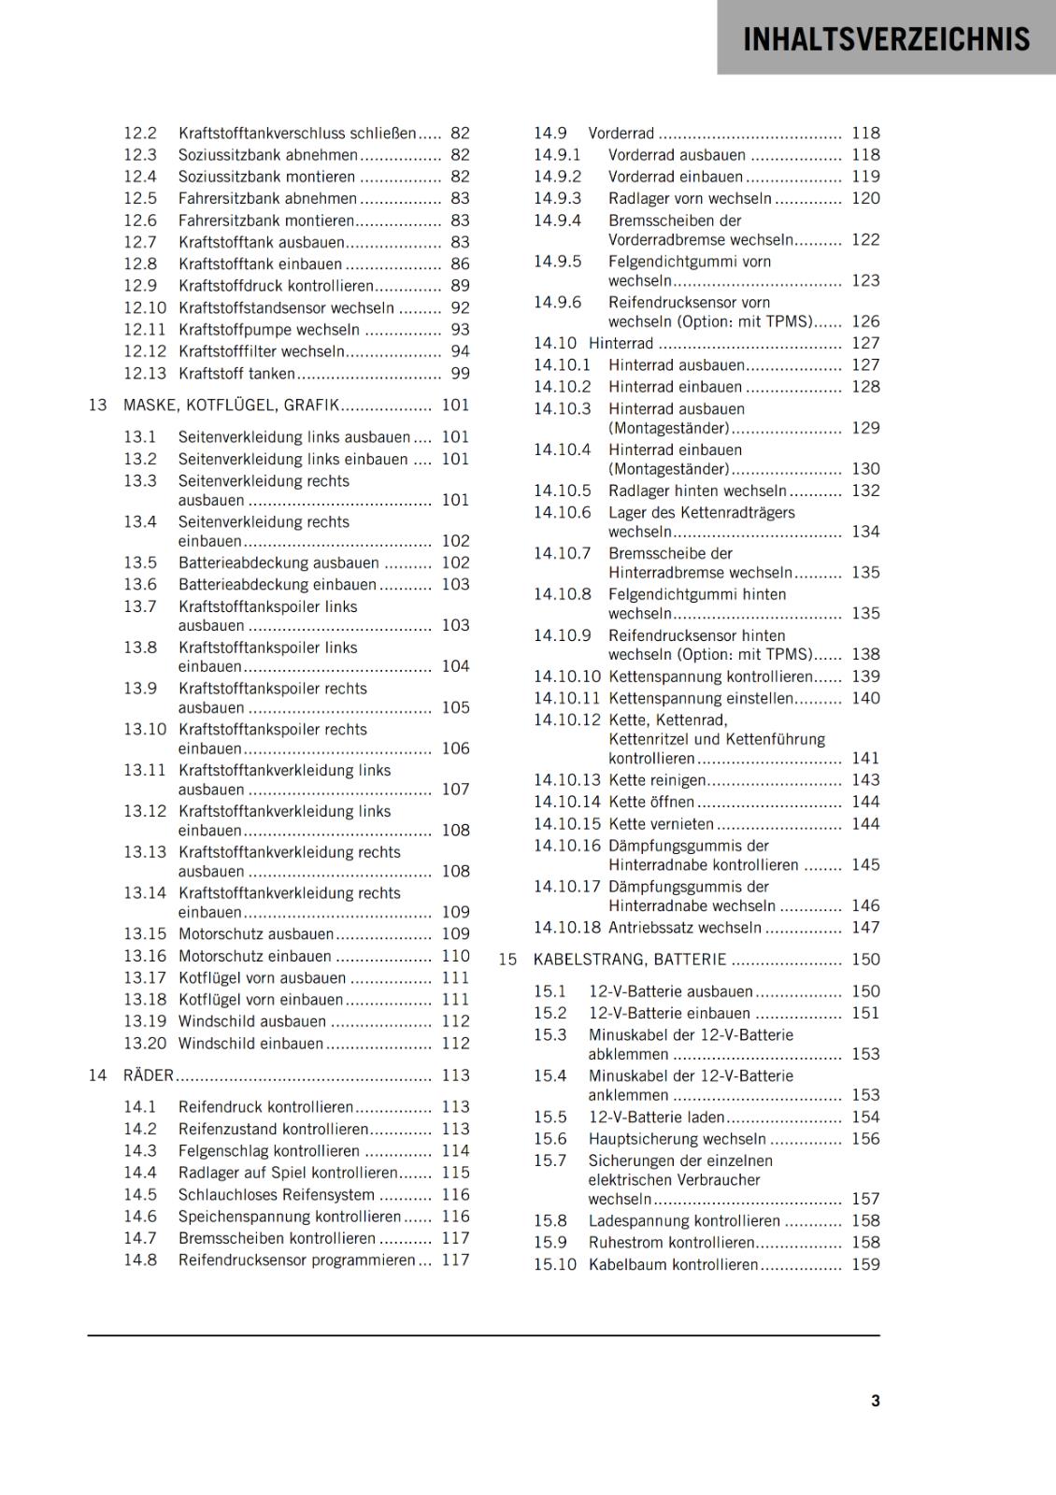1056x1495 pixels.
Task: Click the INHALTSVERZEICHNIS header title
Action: tap(886, 39)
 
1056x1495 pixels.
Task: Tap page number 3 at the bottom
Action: tap(875, 1401)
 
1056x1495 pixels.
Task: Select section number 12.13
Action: tap(145, 374)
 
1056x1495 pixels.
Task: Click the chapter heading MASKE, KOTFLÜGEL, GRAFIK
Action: tap(231, 406)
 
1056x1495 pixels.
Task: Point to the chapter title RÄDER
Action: tap(149, 1075)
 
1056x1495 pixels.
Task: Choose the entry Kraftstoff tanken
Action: tap(236, 374)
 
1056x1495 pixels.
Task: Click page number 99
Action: tap(460, 374)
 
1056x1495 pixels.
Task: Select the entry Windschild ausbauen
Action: tap(252, 1021)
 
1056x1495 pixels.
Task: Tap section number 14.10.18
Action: tap(567, 928)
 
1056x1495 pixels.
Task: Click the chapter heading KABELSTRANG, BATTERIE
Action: tap(629, 960)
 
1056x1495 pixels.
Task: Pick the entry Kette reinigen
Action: tap(657, 780)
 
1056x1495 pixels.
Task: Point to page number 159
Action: tap(865, 1264)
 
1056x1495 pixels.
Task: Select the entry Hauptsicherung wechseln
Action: tap(677, 1139)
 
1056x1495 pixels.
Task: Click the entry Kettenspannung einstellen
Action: tap(701, 698)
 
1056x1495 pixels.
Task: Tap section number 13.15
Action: tap(145, 933)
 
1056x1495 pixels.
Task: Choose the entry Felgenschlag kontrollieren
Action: tap(269, 1151)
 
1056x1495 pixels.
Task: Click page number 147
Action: tap(865, 928)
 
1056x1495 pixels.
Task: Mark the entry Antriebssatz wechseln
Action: tap(684, 928)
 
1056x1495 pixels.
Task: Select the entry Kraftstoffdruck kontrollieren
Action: tap(276, 286)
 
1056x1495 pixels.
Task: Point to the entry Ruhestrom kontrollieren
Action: tap(671, 1243)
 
